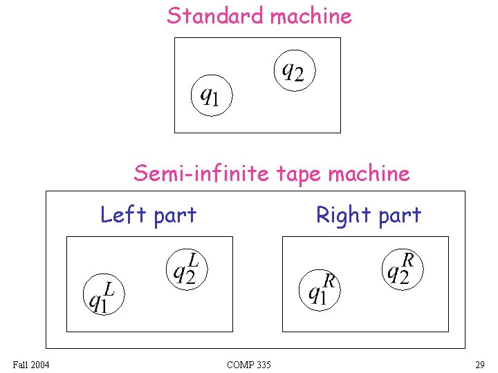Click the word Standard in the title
pyautogui.click(x=215, y=15)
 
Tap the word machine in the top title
pyautogui.click(x=311, y=15)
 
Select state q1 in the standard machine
pyautogui.click(x=211, y=95)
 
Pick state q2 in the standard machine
pyautogui.click(x=294, y=69)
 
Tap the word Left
pyautogui.click(x=124, y=215)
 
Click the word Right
pyautogui.click(x=342, y=216)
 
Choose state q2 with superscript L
pyautogui.click(x=187, y=268)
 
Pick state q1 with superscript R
pyautogui.click(x=320, y=289)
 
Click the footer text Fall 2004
pyautogui.click(x=31, y=364)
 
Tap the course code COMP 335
pyautogui.click(x=248, y=364)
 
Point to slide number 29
pyautogui.click(x=479, y=364)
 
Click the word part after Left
pyautogui.click(x=175, y=216)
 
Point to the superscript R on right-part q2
pyautogui.click(x=409, y=260)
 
